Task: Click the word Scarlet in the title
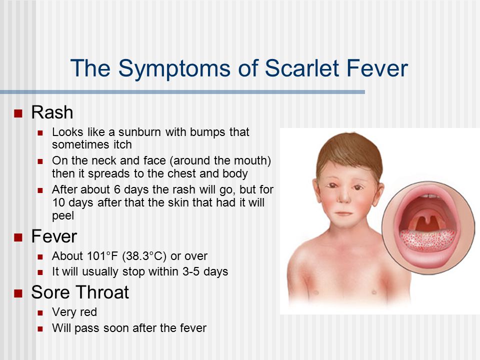point(302,68)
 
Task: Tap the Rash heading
point(52,112)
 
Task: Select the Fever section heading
point(54,236)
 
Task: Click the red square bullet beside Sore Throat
point(18,293)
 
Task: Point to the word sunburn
point(139,132)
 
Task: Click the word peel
point(63,216)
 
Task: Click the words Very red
point(74,312)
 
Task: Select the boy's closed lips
point(343,213)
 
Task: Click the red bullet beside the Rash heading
point(18,113)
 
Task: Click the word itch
point(123,144)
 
